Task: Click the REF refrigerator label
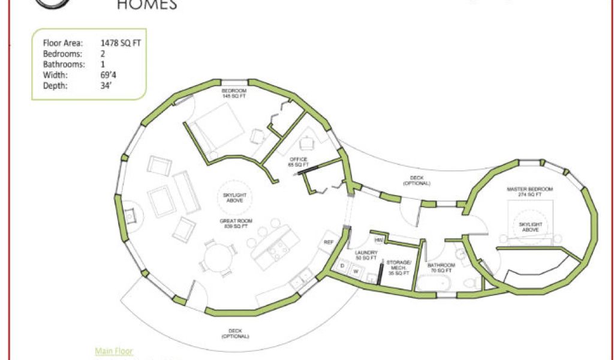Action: click(x=329, y=242)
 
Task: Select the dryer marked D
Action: click(x=342, y=265)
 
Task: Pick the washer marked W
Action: click(x=355, y=271)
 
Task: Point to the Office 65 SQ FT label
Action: click(x=298, y=161)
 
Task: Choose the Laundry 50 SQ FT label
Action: click(x=366, y=256)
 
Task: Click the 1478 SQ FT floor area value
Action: click(x=121, y=43)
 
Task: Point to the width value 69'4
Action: click(x=109, y=75)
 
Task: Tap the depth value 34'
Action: click(x=107, y=86)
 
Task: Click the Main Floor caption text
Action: click(x=114, y=351)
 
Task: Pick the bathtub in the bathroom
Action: click(x=434, y=283)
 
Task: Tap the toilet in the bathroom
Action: click(x=470, y=281)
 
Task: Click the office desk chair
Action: click(x=307, y=143)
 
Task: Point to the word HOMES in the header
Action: click(x=146, y=5)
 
